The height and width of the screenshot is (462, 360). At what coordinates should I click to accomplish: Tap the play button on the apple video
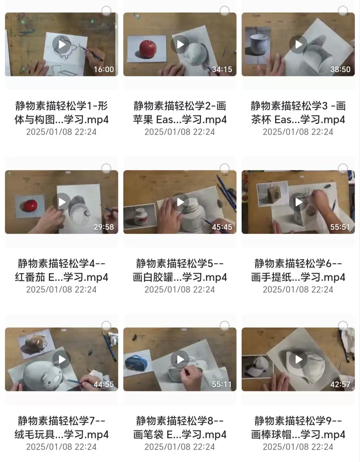click(x=180, y=44)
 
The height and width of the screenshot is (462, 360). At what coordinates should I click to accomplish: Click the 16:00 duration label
click(x=104, y=69)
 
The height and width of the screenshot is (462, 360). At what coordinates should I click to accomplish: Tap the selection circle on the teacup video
click(x=343, y=11)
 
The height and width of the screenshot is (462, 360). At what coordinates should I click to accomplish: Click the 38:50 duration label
click(x=340, y=69)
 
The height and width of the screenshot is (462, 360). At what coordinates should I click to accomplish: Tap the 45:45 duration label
click(x=222, y=227)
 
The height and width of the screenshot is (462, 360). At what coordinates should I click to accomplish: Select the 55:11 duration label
click(x=222, y=384)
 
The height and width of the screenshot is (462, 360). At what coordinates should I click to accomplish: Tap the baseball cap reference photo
click(x=257, y=366)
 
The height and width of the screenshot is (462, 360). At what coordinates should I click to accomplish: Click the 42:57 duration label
click(x=340, y=384)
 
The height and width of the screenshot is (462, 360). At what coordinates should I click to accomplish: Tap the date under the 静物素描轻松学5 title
click(x=180, y=290)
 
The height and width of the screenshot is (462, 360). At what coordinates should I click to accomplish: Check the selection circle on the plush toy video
click(x=106, y=326)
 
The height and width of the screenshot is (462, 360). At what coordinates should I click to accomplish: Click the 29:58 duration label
click(x=104, y=227)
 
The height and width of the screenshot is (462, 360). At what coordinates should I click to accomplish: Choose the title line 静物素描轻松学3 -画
click(x=298, y=106)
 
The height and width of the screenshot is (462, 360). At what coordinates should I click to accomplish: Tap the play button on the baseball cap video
click(x=298, y=359)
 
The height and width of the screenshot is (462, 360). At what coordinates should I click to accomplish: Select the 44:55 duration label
click(x=104, y=384)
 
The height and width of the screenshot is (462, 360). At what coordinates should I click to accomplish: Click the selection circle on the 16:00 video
click(x=106, y=11)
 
